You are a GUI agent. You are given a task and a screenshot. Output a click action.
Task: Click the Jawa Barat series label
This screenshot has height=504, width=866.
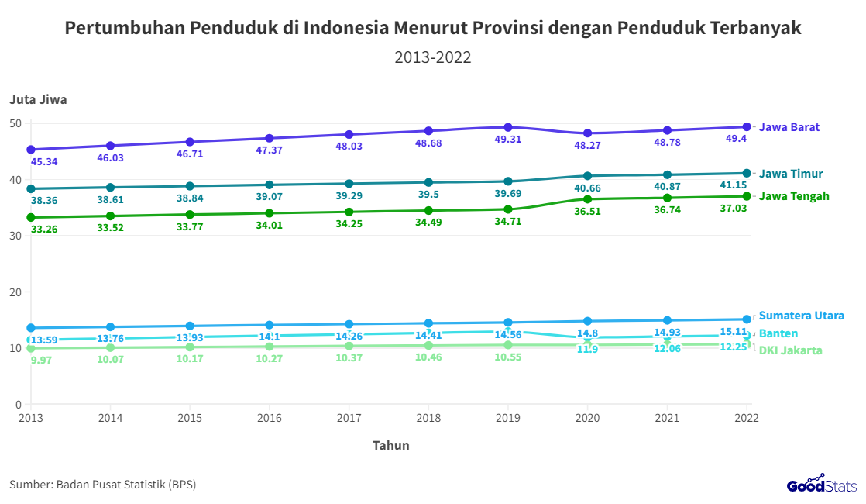pos(789,127)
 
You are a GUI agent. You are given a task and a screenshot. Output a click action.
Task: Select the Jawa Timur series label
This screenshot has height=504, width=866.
pos(791,174)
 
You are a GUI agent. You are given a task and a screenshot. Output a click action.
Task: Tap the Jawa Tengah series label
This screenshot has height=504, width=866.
pos(794,196)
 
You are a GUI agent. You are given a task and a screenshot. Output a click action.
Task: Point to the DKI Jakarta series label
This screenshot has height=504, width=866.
pos(790,350)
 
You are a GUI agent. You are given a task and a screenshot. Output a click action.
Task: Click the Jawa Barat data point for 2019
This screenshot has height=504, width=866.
pos(508,127)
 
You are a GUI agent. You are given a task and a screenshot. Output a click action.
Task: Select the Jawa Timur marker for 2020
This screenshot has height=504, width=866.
pos(588,176)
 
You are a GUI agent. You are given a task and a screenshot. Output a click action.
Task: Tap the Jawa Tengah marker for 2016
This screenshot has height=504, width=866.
pos(269,213)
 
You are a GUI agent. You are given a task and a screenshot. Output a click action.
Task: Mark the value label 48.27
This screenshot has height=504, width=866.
pos(587,145)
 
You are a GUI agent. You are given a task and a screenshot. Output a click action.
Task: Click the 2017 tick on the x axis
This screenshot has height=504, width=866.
pos(349,418)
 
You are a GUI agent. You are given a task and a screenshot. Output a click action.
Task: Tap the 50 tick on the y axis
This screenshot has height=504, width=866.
pos(15,123)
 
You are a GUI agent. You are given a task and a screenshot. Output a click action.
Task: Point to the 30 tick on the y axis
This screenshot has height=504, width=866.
pos(15,236)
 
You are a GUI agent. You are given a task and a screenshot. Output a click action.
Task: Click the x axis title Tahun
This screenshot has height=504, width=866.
pos(390,445)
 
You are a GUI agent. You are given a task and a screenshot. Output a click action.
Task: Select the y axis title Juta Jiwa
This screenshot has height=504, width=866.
pos(38,99)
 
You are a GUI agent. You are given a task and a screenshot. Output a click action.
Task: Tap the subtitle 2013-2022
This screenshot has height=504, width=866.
pos(433,57)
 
